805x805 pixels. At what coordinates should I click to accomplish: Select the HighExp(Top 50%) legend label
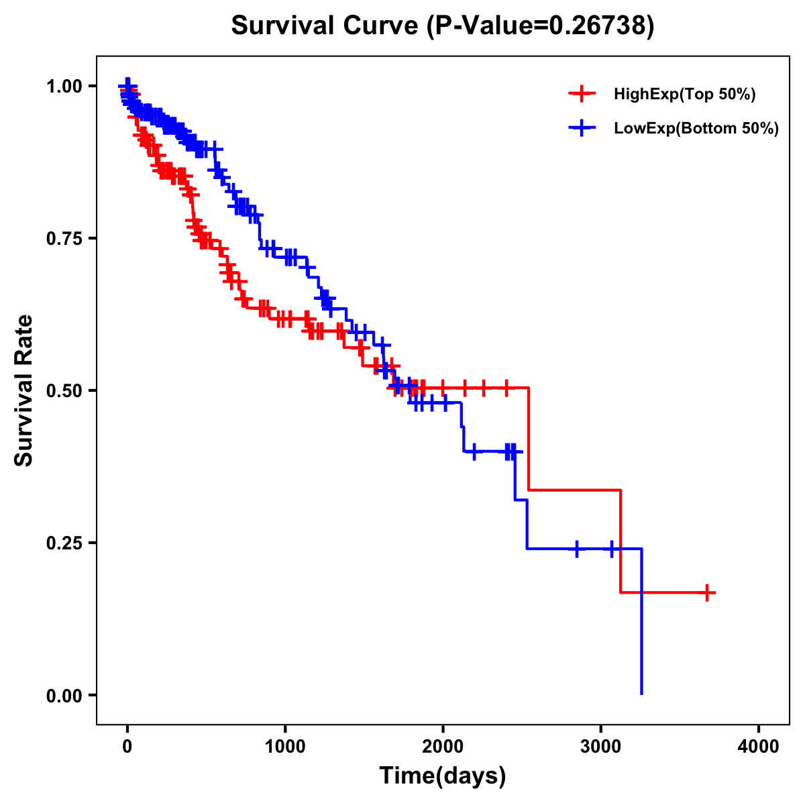click(684, 95)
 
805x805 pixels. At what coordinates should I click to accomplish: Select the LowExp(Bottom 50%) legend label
click(696, 129)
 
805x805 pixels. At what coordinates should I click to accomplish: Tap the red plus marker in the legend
click(582, 94)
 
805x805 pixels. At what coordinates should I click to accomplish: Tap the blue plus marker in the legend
click(582, 128)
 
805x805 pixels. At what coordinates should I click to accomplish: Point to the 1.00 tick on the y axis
click(64, 86)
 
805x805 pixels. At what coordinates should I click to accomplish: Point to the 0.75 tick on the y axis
click(64, 238)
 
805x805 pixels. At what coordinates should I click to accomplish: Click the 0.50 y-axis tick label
click(64, 390)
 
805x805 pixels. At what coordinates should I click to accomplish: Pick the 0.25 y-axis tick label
click(64, 543)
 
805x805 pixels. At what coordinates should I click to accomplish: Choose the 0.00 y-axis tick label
click(64, 695)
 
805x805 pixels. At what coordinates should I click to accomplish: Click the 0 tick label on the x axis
click(127, 747)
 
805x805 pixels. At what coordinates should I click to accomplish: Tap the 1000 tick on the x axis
click(285, 747)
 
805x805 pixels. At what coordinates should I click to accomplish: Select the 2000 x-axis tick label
click(443, 747)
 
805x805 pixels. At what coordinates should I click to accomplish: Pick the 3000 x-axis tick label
click(601, 747)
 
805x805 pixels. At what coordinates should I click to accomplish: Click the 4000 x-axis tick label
click(759, 747)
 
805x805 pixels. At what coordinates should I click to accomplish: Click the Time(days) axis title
click(443, 776)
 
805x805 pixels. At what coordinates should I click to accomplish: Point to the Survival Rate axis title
click(24, 390)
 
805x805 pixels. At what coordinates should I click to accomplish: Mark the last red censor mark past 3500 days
click(707, 592)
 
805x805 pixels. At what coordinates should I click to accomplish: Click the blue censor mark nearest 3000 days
click(612, 549)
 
